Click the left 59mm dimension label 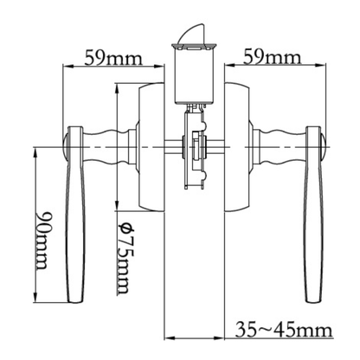click(x=113, y=58)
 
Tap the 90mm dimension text click(x=42, y=241)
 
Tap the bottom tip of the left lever click(x=75, y=302)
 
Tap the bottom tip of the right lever click(x=313, y=302)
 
